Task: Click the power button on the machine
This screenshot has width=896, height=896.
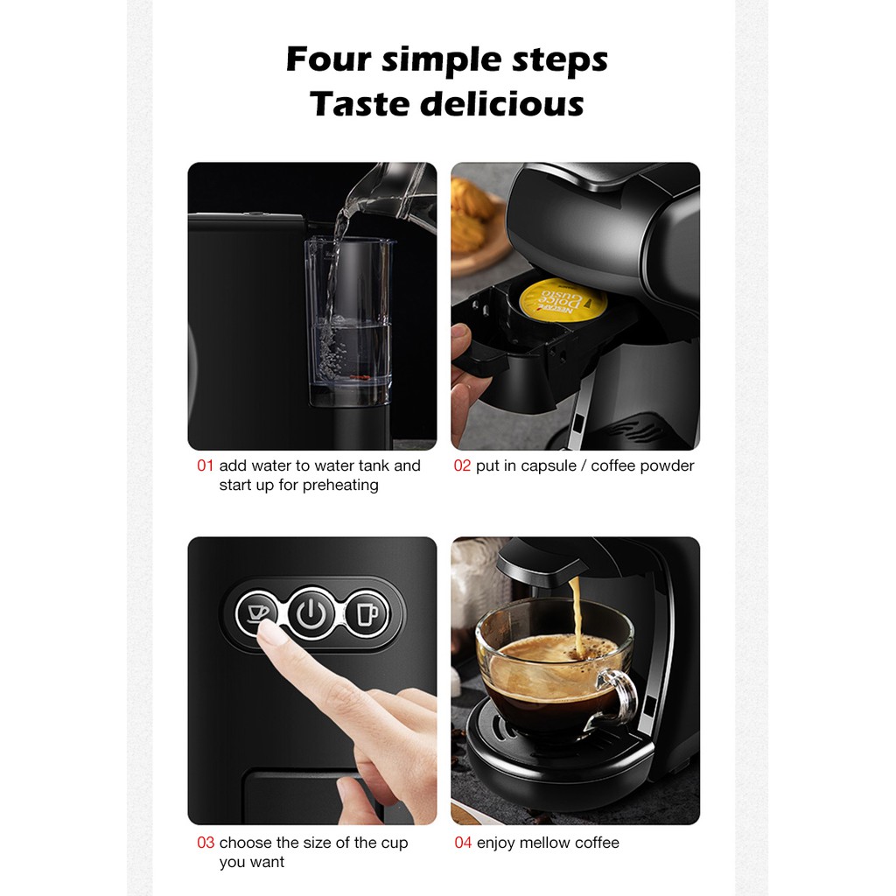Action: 311,613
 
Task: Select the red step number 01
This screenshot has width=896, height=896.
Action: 205,465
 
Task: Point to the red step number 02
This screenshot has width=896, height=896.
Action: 462,465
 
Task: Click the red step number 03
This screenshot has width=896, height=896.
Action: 206,843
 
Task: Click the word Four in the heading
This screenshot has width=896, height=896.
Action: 329,59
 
